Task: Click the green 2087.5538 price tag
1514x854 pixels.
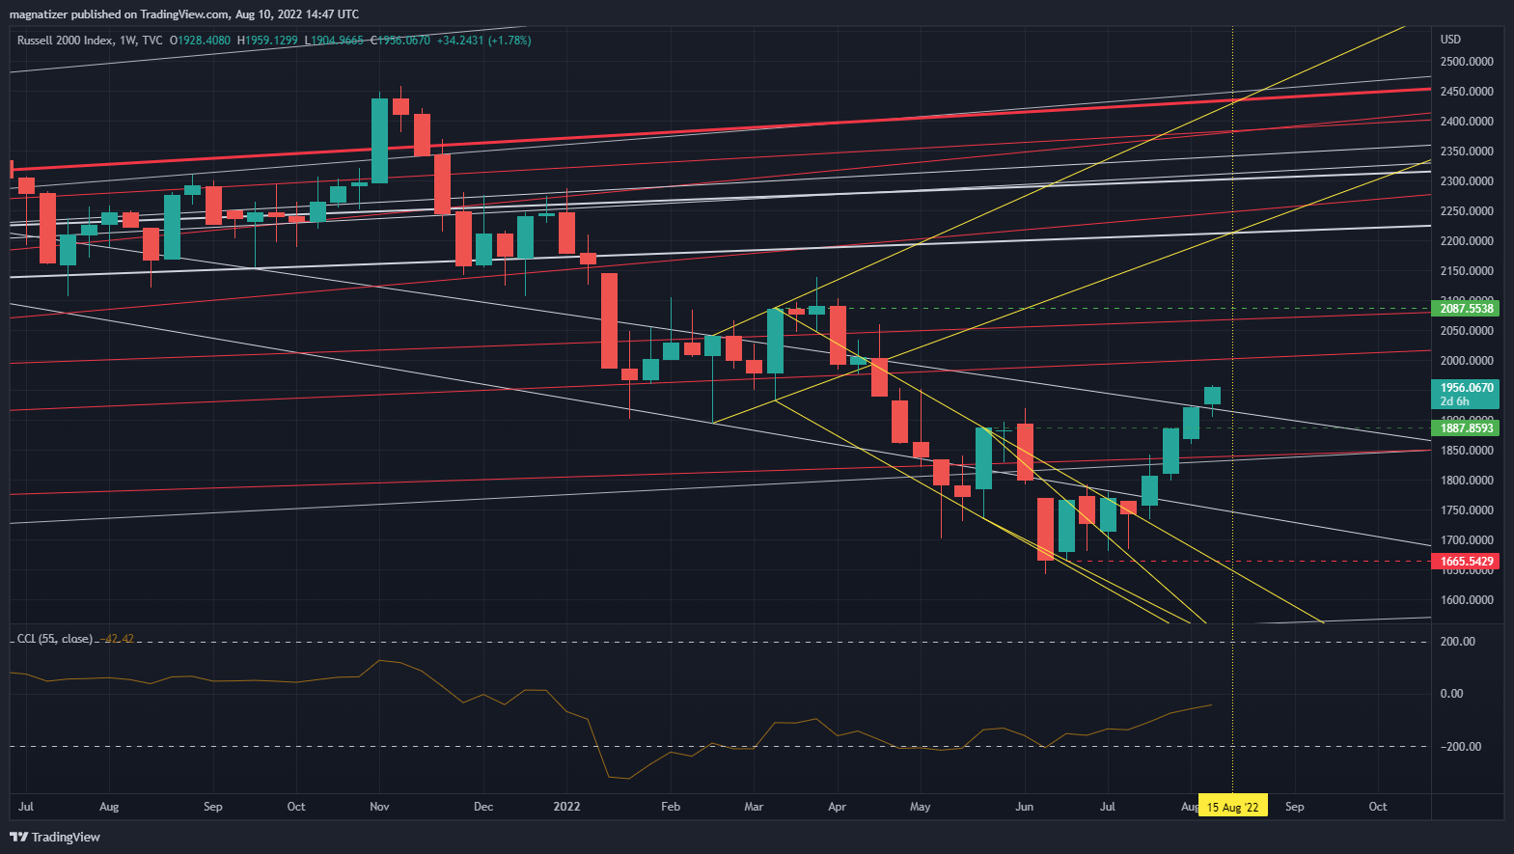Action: [1466, 309]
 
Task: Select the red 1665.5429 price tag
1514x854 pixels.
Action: [1466, 562]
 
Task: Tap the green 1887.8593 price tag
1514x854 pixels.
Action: [1466, 428]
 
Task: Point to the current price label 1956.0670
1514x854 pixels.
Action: [1466, 388]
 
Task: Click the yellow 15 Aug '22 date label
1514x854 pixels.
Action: [1232, 807]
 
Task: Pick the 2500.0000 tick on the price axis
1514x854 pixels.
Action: [1466, 62]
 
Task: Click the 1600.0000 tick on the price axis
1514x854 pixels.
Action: [1466, 600]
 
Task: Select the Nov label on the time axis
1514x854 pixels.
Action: [379, 807]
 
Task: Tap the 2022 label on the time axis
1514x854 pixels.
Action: [566, 807]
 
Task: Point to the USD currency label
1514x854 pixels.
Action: [1450, 40]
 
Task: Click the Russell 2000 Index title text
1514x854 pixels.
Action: [65, 41]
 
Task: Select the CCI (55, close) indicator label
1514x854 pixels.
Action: [55, 639]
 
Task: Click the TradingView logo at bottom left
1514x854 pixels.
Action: [55, 837]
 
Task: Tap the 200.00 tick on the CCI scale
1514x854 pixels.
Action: [1457, 642]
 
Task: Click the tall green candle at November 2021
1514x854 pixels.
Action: [379, 140]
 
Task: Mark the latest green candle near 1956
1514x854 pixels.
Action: [1212, 396]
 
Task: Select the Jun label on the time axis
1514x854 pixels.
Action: [1024, 807]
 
